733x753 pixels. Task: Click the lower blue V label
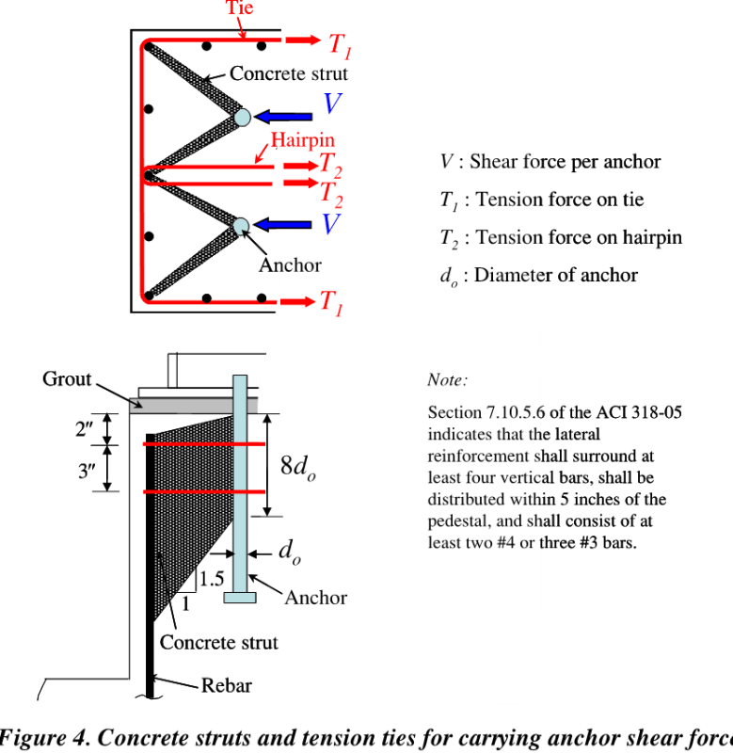click(x=330, y=224)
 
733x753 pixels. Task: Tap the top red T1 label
click(x=341, y=43)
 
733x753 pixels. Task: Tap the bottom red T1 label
click(x=331, y=302)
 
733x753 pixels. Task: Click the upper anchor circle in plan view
click(x=242, y=117)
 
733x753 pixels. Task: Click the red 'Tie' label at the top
click(x=240, y=8)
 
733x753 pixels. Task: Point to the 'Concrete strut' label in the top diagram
click(x=289, y=73)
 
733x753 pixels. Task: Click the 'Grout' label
click(x=67, y=378)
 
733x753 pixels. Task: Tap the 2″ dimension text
click(x=85, y=429)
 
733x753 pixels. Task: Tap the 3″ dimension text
click(x=88, y=469)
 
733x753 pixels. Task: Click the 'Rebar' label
click(x=227, y=685)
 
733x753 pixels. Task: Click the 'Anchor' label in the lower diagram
click(x=315, y=598)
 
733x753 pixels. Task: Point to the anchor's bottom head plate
click(x=241, y=597)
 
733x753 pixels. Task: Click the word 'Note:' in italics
click(x=447, y=380)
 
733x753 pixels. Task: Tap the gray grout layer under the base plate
click(x=179, y=405)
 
